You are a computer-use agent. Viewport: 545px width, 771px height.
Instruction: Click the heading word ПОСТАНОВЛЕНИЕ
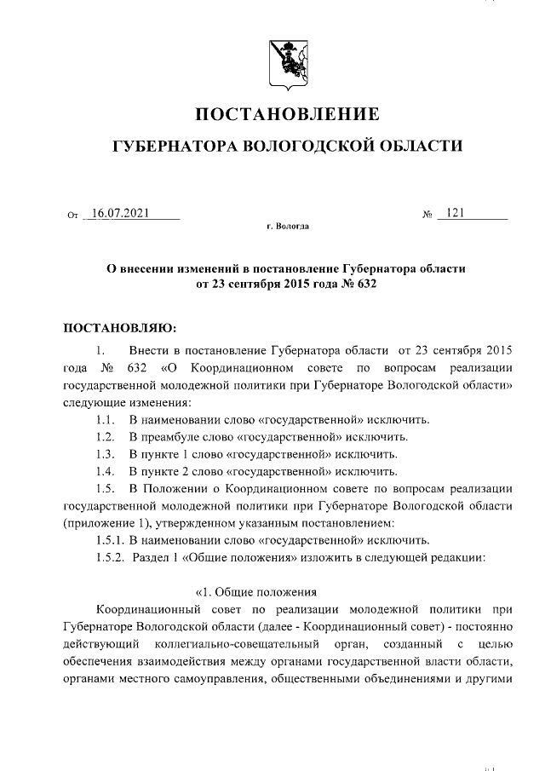[x=288, y=114]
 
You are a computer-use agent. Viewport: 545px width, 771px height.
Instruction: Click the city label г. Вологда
[x=288, y=227]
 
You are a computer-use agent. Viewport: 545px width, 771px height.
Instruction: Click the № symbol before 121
[x=427, y=215]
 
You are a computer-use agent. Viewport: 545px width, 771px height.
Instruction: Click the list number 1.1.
[x=106, y=420]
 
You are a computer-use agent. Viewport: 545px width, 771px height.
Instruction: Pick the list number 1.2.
[x=106, y=436]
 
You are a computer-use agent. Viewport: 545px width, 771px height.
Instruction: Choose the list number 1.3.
[x=106, y=452]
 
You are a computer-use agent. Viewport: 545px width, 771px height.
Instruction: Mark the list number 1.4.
[x=106, y=469]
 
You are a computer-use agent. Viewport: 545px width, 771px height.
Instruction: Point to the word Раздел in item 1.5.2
[x=150, y=556]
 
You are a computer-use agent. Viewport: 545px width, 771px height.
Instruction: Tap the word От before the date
[x=72, y=216]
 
